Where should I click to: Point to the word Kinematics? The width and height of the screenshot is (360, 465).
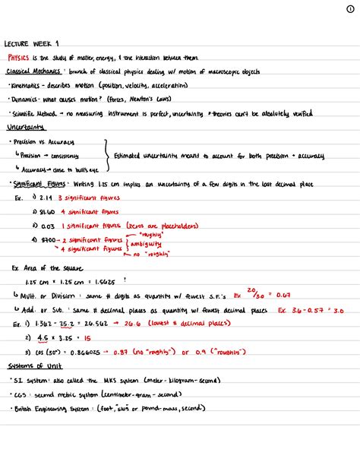[26, 84]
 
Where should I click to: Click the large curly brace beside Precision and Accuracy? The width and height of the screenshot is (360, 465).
[106, 155]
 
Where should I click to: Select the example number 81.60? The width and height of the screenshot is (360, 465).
[48, 211]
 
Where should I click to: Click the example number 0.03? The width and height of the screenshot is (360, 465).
[47, 226]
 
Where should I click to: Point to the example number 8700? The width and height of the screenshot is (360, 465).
[49, 239]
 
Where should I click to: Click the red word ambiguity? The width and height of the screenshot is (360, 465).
[150, 244]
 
